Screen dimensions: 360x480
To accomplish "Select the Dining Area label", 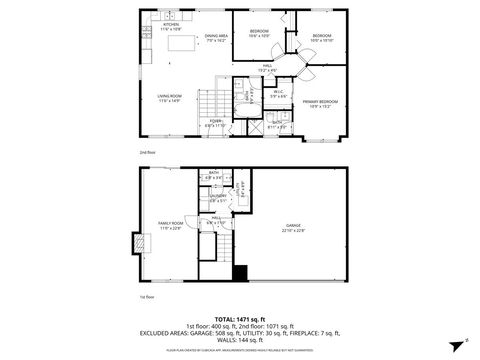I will point(217,39).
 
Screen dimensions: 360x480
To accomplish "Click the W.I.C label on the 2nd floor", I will point(279,94).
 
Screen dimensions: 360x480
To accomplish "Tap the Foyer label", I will point(216,123).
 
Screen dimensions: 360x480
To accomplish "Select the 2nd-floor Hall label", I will point(268,69).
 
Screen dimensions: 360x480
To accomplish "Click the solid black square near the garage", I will point(239,272).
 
